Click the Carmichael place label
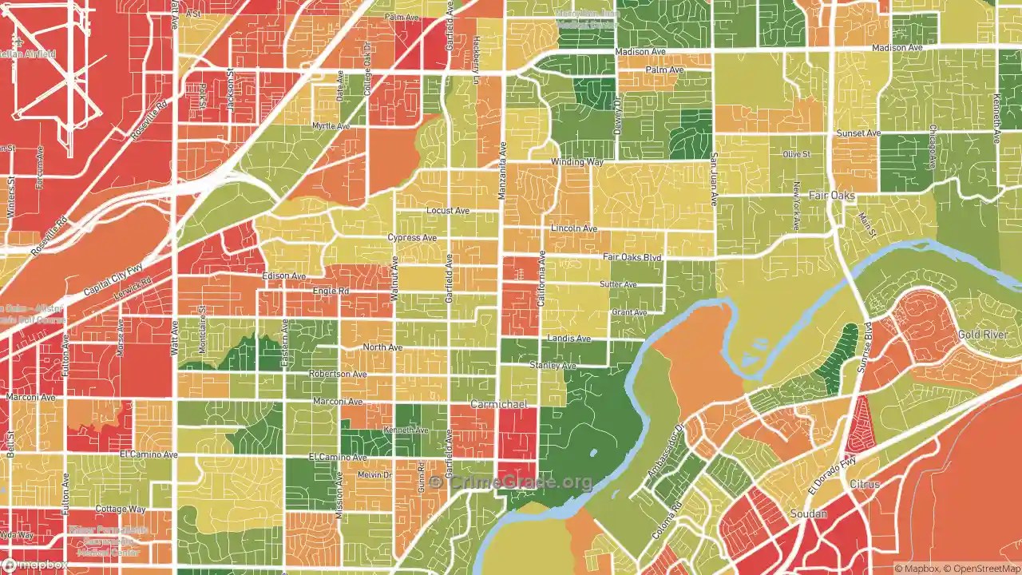pyautogui.click(x=498, y=405)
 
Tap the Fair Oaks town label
pyautogui.click(x=832, y=196)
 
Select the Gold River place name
pyautogui.click(x=983, y=335)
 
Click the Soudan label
pyautogui.click(x=808, y=514)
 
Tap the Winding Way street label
pyautogui.click(x=576, y=162)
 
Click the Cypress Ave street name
pyautogui.click(x=412, y=238)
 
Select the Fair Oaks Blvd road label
pyautogui.click(x=632, y=257)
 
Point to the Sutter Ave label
pyautogui.click(x=618, y=284)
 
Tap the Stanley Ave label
pyautogui.click(x=553, y=366)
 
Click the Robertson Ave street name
pyautogui.click(x=338, y=374)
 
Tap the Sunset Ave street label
pyautogui.click(x=858, y=133)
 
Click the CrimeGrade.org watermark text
pyautogui.click(x=511, y=482)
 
